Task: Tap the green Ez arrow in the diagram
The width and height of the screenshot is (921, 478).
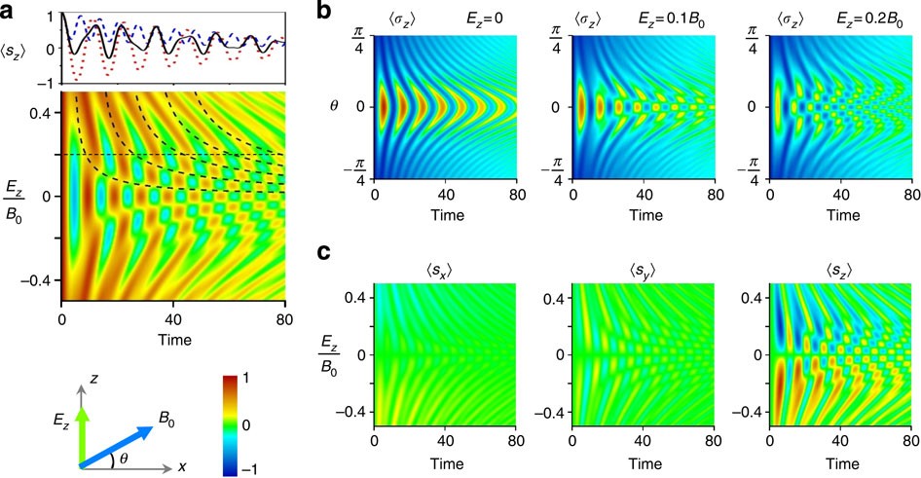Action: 82,427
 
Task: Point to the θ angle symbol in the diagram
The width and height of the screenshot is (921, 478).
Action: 120,455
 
